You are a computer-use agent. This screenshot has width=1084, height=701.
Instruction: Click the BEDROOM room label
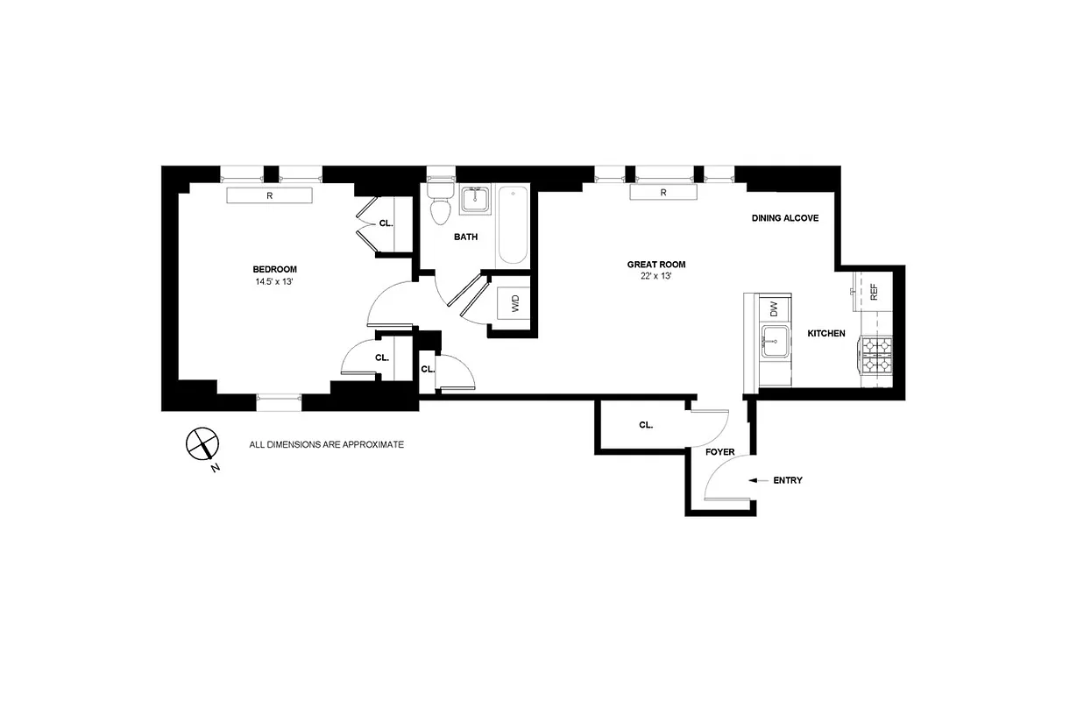point(274,269)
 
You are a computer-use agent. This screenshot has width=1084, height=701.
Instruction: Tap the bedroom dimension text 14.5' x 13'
point(274,282)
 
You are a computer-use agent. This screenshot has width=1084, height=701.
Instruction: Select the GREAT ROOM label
point(655,265)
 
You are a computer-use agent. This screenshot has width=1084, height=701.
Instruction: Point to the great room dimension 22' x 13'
point(655,277)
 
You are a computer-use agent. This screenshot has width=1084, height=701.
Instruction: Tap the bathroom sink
point(475,199)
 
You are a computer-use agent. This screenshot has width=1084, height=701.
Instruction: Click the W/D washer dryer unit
point(514,305)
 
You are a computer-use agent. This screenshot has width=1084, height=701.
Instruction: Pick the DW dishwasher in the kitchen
point(774,308)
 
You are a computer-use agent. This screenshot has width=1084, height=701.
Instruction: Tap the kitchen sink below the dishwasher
point(775,342)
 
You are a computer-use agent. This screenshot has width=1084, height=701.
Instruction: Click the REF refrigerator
point(873,290)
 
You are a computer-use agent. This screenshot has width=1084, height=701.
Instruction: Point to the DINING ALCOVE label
point(785,217)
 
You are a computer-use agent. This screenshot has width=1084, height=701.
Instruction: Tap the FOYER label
point(719,452)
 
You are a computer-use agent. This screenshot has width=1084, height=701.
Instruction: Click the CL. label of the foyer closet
point(646,425)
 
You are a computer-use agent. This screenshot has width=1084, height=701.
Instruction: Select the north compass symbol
point(202,444)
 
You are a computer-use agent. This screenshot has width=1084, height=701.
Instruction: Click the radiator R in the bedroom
point(269,195)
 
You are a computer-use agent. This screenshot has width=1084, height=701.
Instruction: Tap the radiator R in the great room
point(663,192)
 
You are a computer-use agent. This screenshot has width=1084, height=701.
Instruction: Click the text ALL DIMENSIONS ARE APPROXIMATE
point(326,445)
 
